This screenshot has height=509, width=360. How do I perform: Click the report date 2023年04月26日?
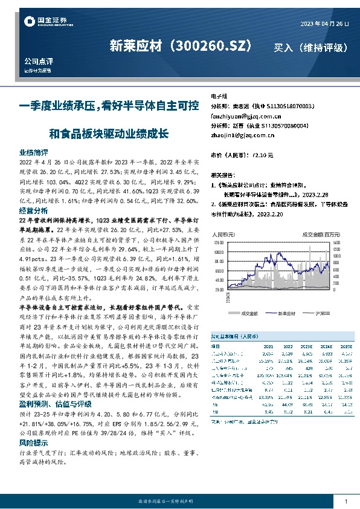click(324, 23)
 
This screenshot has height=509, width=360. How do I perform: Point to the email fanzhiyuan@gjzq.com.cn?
click(242, 115)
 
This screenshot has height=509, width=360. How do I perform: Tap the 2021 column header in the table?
click(268, 346)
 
